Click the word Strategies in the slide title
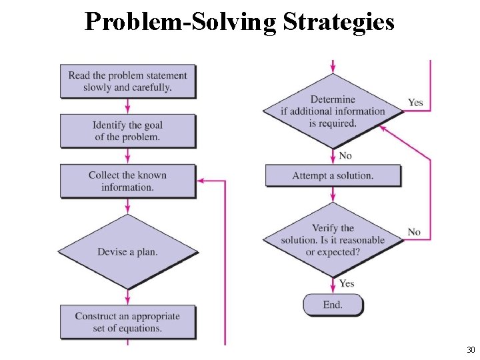tap(339, 21)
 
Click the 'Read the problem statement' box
tap(128, 81)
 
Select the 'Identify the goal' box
tap(128, 131)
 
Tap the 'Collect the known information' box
tap(128, 181)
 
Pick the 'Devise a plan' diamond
tap(128, 252)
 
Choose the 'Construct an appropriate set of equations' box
tap(128, 322)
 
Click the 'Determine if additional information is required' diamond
tap(333, 111)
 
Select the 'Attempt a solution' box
tap(333, 176)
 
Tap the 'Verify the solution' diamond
tap(333, 239)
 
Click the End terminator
tap(333, 305)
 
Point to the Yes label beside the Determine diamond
tap(415, 103)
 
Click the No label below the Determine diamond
tap(345, 155)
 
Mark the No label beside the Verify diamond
tap(414, 232)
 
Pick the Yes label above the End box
tap(347, 283)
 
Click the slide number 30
tap(471, 350)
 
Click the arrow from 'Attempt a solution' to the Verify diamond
tap(333, 194)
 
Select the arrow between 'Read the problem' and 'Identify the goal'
tap(127, 106)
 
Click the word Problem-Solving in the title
tap(181, 21)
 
